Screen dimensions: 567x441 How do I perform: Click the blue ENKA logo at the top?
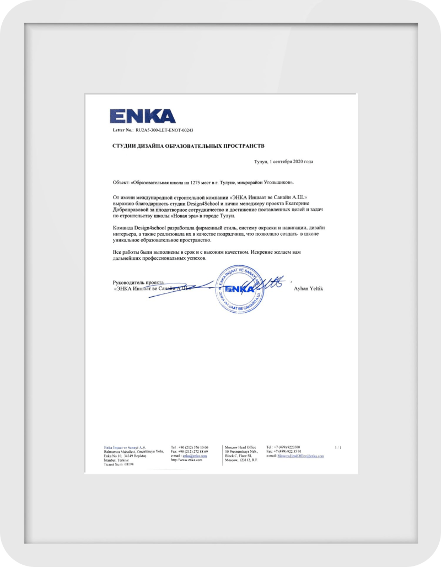tap(142, 116)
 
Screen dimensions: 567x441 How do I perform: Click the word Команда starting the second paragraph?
tap(124, 227)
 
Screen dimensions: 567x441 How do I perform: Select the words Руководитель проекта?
tap(137, 282)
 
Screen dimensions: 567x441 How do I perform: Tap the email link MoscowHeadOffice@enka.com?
tap(300, 456)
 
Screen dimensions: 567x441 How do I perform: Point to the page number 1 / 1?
tap(338, 447)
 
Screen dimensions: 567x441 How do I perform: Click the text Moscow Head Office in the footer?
tap(240, 447)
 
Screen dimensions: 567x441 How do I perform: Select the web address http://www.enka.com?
tap(187, 461)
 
